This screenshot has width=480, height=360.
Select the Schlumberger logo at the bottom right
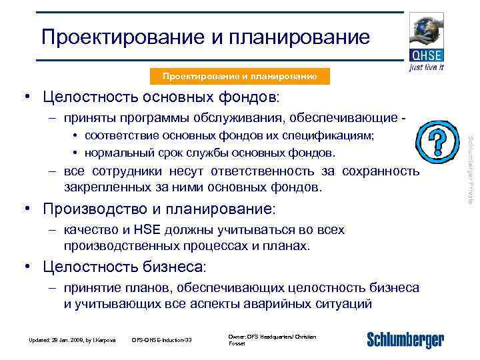(x=405, y=339)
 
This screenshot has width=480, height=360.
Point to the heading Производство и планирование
(x=158, y=209)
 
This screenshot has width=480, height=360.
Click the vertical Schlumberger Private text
(x=470, y=169)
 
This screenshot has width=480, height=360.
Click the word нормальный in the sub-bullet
(x=116, y=153)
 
